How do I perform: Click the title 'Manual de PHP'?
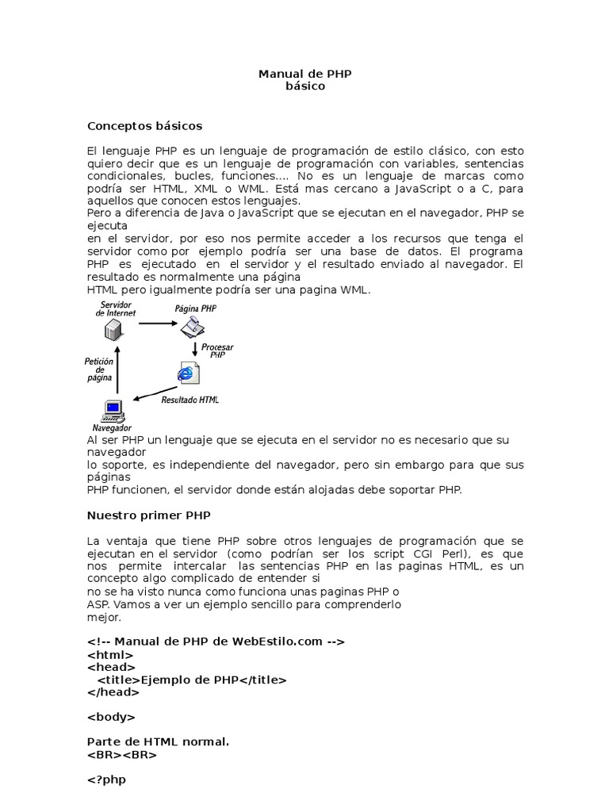304,74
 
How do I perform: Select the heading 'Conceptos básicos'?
144,125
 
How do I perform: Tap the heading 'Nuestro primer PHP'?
148,515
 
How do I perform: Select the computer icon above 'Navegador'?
113,411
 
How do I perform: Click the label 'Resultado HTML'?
190,400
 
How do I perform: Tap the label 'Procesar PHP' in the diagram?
217,351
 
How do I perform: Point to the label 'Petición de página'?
99,370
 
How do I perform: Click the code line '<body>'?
111,717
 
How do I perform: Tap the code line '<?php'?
106,779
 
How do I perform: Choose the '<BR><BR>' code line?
121,755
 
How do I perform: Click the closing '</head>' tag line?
113,691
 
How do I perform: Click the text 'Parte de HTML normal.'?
158,742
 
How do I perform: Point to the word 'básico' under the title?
304,86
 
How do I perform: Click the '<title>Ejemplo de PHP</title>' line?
191,680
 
